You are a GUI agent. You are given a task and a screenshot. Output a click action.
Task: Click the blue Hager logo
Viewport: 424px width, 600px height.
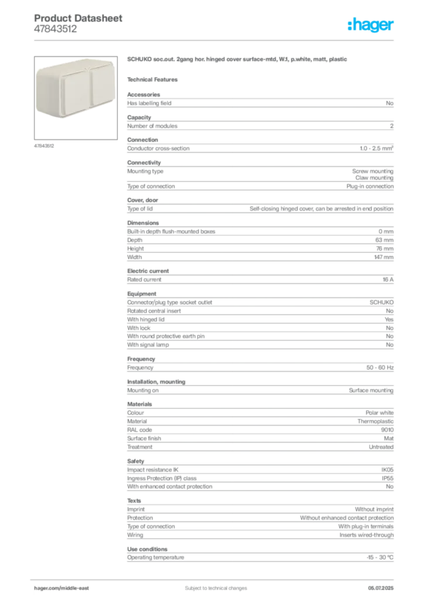[x=371, y=25]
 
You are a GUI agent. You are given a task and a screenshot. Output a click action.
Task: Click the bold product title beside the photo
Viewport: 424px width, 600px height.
[x=238, y=59]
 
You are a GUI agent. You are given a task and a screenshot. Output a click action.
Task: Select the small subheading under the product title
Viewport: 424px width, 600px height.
[x=155, y=79]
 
